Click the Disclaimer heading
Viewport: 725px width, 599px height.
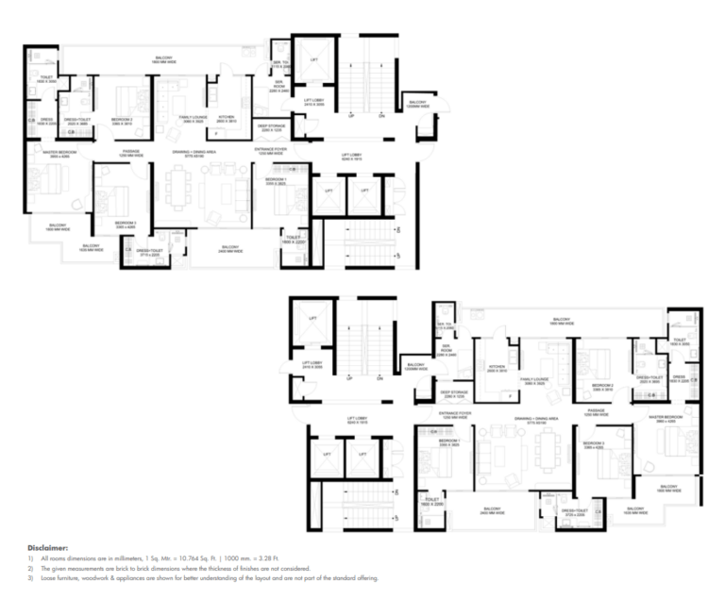(x=49, y=546)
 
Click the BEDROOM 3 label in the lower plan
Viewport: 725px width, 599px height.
(x=593, y=445)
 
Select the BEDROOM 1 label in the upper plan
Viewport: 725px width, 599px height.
(x=276, y=179)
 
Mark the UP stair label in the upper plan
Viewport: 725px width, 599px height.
(x=350, y=115)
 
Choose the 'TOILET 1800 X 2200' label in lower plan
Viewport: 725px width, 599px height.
(x=433, y=503)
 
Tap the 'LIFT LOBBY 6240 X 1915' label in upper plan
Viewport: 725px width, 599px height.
(x=353, y=157)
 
